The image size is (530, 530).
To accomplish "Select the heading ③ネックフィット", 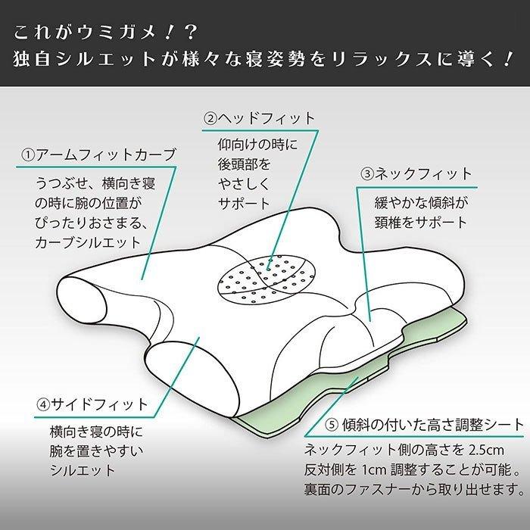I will pos(416,174).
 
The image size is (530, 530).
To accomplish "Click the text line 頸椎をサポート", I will pos(420,223).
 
